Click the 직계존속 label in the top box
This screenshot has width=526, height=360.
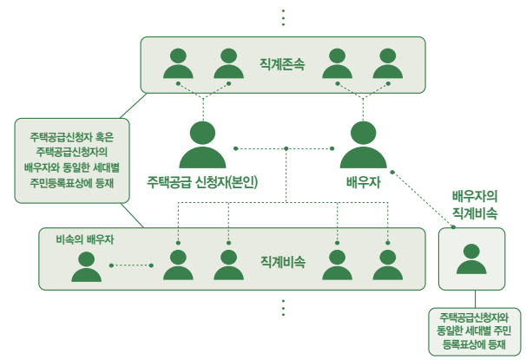(x=281, y=64)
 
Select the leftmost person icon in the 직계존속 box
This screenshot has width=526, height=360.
(x=179, y=64)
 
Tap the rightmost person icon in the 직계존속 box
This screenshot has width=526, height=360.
(x=387, y=64)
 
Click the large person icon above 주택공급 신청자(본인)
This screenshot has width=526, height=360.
(x=202, y=144)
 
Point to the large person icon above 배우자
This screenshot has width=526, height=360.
(x=363, y=144)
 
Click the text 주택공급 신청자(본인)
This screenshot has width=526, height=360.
(x=202, y=182)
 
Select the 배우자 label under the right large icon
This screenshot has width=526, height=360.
(x=363, y=182)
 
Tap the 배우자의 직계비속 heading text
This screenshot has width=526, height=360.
(x=474, y=205)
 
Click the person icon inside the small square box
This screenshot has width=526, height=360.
(x=470, y=259)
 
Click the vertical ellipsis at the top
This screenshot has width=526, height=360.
(x=283, y=16)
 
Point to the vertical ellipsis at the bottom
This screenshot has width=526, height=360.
(x=283, y=308)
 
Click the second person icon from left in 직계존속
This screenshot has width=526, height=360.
(x=228, y=64)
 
